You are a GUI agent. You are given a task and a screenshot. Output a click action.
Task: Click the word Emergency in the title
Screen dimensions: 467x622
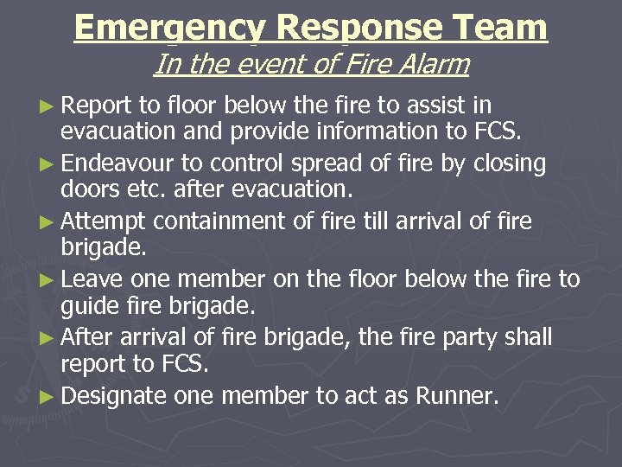(170, 28)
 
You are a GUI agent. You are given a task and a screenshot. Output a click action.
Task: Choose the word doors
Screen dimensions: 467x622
(88, 189)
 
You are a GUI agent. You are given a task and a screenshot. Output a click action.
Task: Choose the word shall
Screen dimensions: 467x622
(529, 337)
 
